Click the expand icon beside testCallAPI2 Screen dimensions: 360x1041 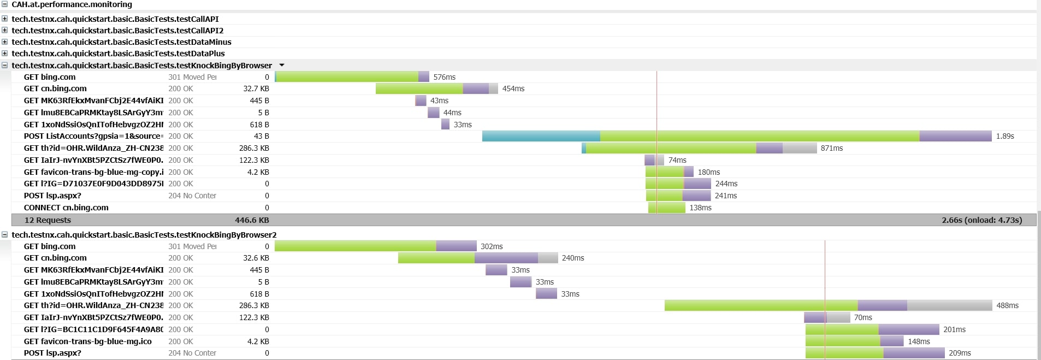4,30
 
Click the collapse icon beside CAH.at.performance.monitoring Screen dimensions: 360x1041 4,4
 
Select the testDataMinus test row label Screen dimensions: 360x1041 121,42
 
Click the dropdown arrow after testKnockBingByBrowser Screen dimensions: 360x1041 282,66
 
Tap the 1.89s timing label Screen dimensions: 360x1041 1004,136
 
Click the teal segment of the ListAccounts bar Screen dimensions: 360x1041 541,136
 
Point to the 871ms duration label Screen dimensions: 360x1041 831,148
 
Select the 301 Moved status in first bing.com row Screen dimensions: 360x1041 192,77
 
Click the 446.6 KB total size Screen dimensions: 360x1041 252,220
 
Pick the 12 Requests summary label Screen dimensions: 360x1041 48,220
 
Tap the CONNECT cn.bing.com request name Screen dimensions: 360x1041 66,208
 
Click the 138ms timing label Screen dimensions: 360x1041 700,208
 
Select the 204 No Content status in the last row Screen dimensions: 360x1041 192,353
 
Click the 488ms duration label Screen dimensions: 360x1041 1007,305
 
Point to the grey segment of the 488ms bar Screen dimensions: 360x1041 949,305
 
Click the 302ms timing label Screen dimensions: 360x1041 492,246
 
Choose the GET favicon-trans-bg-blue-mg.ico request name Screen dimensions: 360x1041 87,341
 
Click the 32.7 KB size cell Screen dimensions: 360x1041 256,88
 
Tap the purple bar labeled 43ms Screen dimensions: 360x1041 421,101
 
